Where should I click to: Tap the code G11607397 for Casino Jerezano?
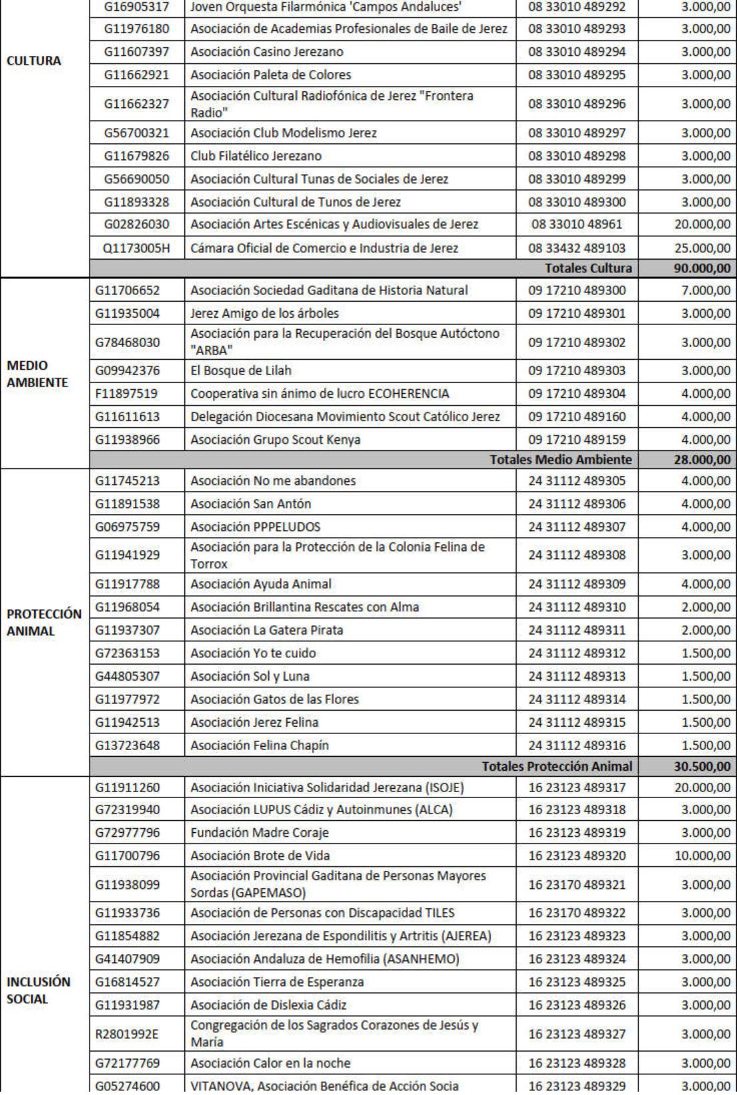(136, 52)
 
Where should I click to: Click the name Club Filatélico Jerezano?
(256, 156)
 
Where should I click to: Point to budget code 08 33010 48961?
(576, 224)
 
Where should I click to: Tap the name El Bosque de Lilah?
(241, 370)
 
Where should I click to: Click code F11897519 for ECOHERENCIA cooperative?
(128, 394)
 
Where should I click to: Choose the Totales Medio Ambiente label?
(560, 460)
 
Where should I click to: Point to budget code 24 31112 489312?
(576, 653)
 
